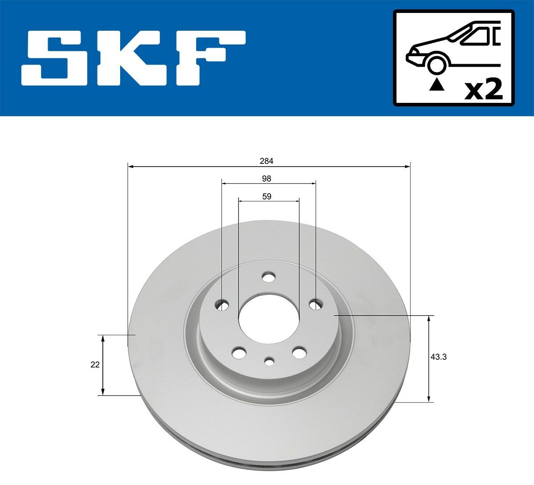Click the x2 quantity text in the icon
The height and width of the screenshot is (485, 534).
[483, 90]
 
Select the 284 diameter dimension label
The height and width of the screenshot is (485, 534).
[267, 161]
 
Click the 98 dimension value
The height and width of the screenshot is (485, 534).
[267, 179]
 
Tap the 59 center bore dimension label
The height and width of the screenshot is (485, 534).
[267, 196]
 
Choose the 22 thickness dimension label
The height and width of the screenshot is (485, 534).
[94, 364]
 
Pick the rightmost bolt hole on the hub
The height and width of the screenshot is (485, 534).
[315, 305]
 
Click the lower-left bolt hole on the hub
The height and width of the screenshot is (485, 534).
[239, 353]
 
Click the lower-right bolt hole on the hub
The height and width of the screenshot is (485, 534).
[299, 352]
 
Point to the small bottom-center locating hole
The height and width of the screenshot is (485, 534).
[269, 361]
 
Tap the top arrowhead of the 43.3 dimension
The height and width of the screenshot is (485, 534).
[429, 318]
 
